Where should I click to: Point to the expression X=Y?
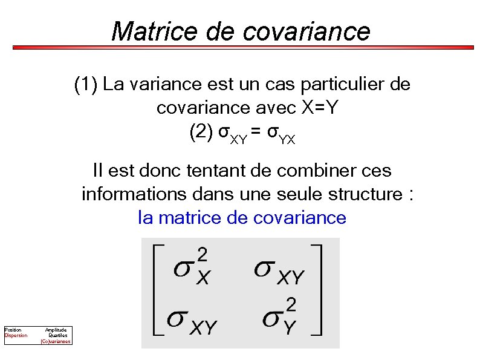[321, 108]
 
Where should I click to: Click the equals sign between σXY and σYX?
[257, 133]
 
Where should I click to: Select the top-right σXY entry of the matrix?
[279, 270]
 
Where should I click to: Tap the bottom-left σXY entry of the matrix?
[192, 321]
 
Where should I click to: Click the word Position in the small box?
[13, 330]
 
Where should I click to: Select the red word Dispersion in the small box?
[16, 335]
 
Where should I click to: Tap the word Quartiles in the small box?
[58, 335]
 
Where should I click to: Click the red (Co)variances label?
[56, 341]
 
